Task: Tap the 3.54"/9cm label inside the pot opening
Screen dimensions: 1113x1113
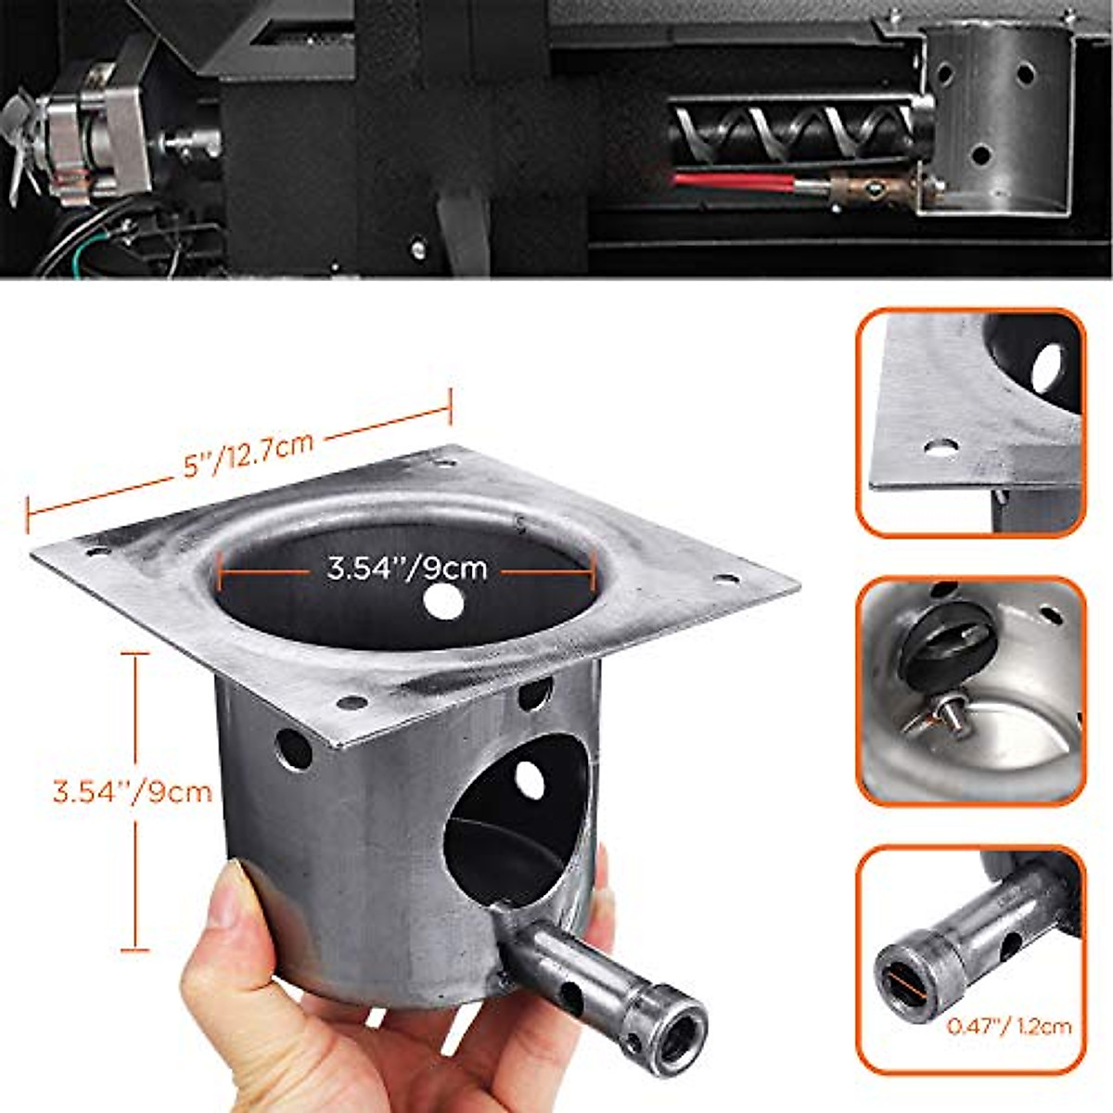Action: pyautogui.click(x=406, y=568)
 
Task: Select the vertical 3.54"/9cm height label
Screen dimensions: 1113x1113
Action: pyautogui.click(x=133, y=793)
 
